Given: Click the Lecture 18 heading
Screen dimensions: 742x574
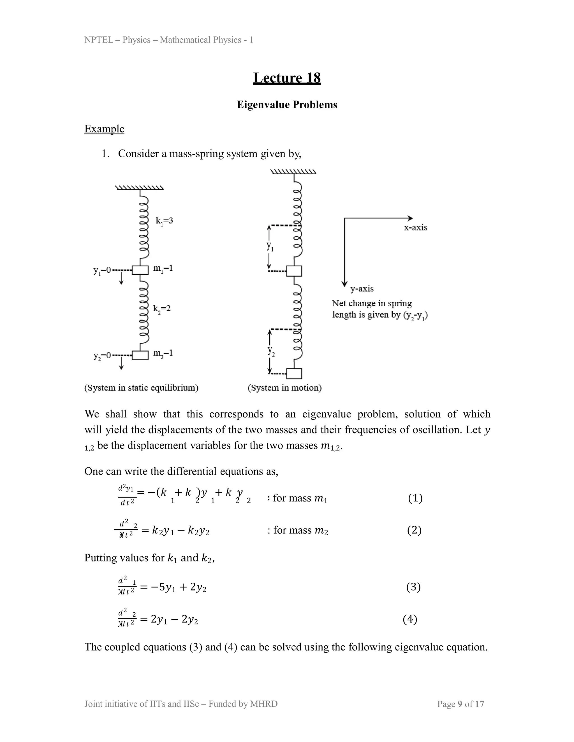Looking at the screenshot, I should [287, 78].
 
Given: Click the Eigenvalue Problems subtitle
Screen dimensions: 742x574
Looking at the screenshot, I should [287, 105].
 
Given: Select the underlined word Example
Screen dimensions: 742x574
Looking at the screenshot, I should [104, 129].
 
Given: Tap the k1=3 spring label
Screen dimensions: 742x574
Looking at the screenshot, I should [164, 221].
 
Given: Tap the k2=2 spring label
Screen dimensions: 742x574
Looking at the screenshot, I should [162, 309].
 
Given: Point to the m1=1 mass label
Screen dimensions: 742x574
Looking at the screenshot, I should [163, 269].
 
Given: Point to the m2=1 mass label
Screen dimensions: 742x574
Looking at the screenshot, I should [163, 353].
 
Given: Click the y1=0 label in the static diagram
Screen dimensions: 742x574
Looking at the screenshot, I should [102, 270].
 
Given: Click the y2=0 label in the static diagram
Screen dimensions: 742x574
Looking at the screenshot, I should [102, 356].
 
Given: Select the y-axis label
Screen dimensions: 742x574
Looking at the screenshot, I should [362, 289].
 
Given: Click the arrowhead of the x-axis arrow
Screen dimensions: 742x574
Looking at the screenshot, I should [411, 218].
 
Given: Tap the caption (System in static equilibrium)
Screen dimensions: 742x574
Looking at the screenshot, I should [142, 388].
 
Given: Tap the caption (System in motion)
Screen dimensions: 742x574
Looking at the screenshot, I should [285, 388].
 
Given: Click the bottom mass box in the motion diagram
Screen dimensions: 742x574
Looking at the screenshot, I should [294, 373].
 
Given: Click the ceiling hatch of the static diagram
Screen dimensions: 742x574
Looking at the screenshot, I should [139, 188].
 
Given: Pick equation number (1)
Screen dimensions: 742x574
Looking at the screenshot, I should [415, 498].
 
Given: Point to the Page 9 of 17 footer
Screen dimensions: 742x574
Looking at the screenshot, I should [460, 704].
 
